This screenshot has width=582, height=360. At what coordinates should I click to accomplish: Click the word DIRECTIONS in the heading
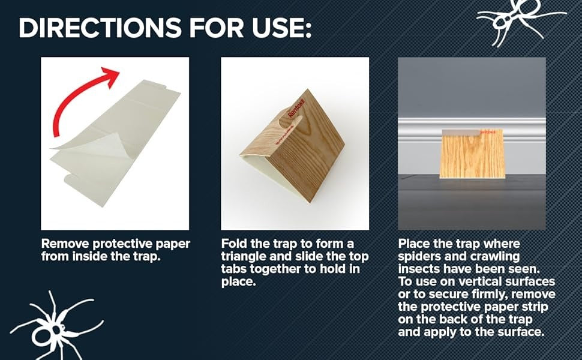click(100, 28)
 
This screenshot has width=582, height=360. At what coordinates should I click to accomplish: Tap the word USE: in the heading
click(282, 28)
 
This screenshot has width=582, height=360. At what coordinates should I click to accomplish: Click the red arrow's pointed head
click(111, 76)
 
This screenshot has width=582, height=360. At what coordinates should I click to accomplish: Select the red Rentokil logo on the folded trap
click(296, 109)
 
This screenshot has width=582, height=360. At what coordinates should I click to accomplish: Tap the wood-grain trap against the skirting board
click(472, 154)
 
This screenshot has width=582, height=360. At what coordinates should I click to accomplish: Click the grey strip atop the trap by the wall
click(461, 133)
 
